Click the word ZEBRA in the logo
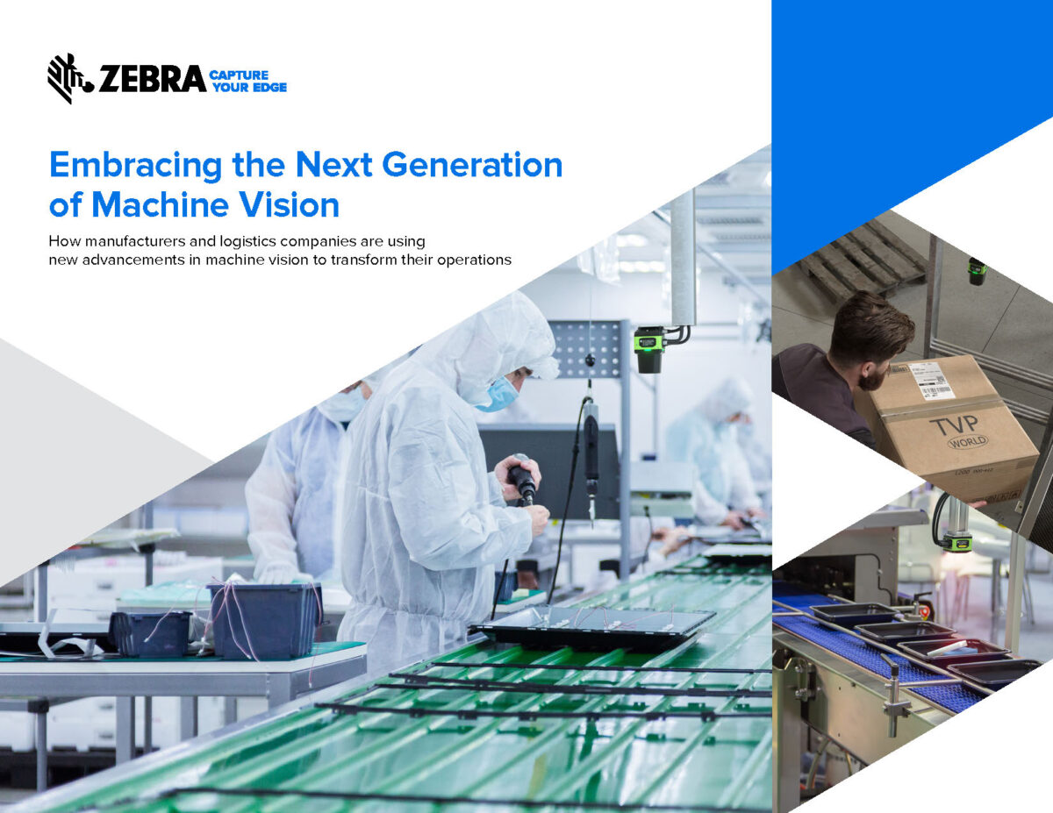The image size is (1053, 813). point(152,79)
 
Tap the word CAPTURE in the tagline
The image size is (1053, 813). point(239,75)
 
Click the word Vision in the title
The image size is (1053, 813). point(290,204)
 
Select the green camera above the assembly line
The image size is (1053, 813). point(650,349)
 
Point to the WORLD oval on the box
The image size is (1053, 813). point(967,441)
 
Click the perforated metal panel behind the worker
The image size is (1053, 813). point(588,349)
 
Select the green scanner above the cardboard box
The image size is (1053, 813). point(977,272)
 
